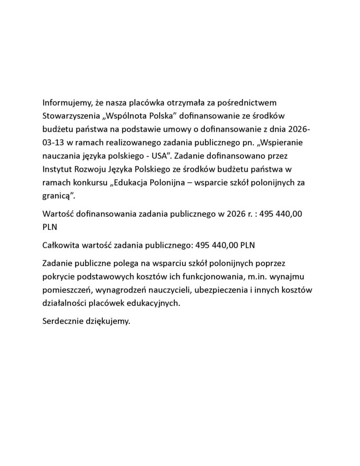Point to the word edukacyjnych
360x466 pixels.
click(x=156, y=304)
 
